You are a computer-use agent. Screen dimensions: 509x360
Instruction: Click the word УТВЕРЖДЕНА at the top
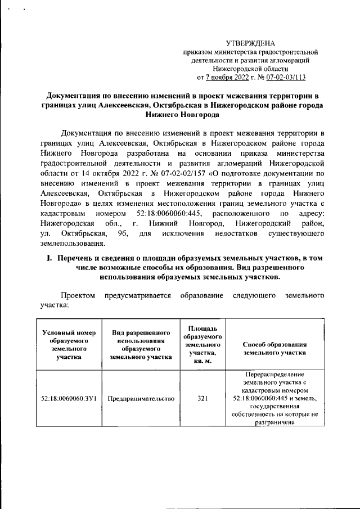250,43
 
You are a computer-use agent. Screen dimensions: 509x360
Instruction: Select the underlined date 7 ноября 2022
229,76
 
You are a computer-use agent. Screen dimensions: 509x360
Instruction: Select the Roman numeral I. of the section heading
49,258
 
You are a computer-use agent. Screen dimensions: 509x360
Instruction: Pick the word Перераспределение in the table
274,374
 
